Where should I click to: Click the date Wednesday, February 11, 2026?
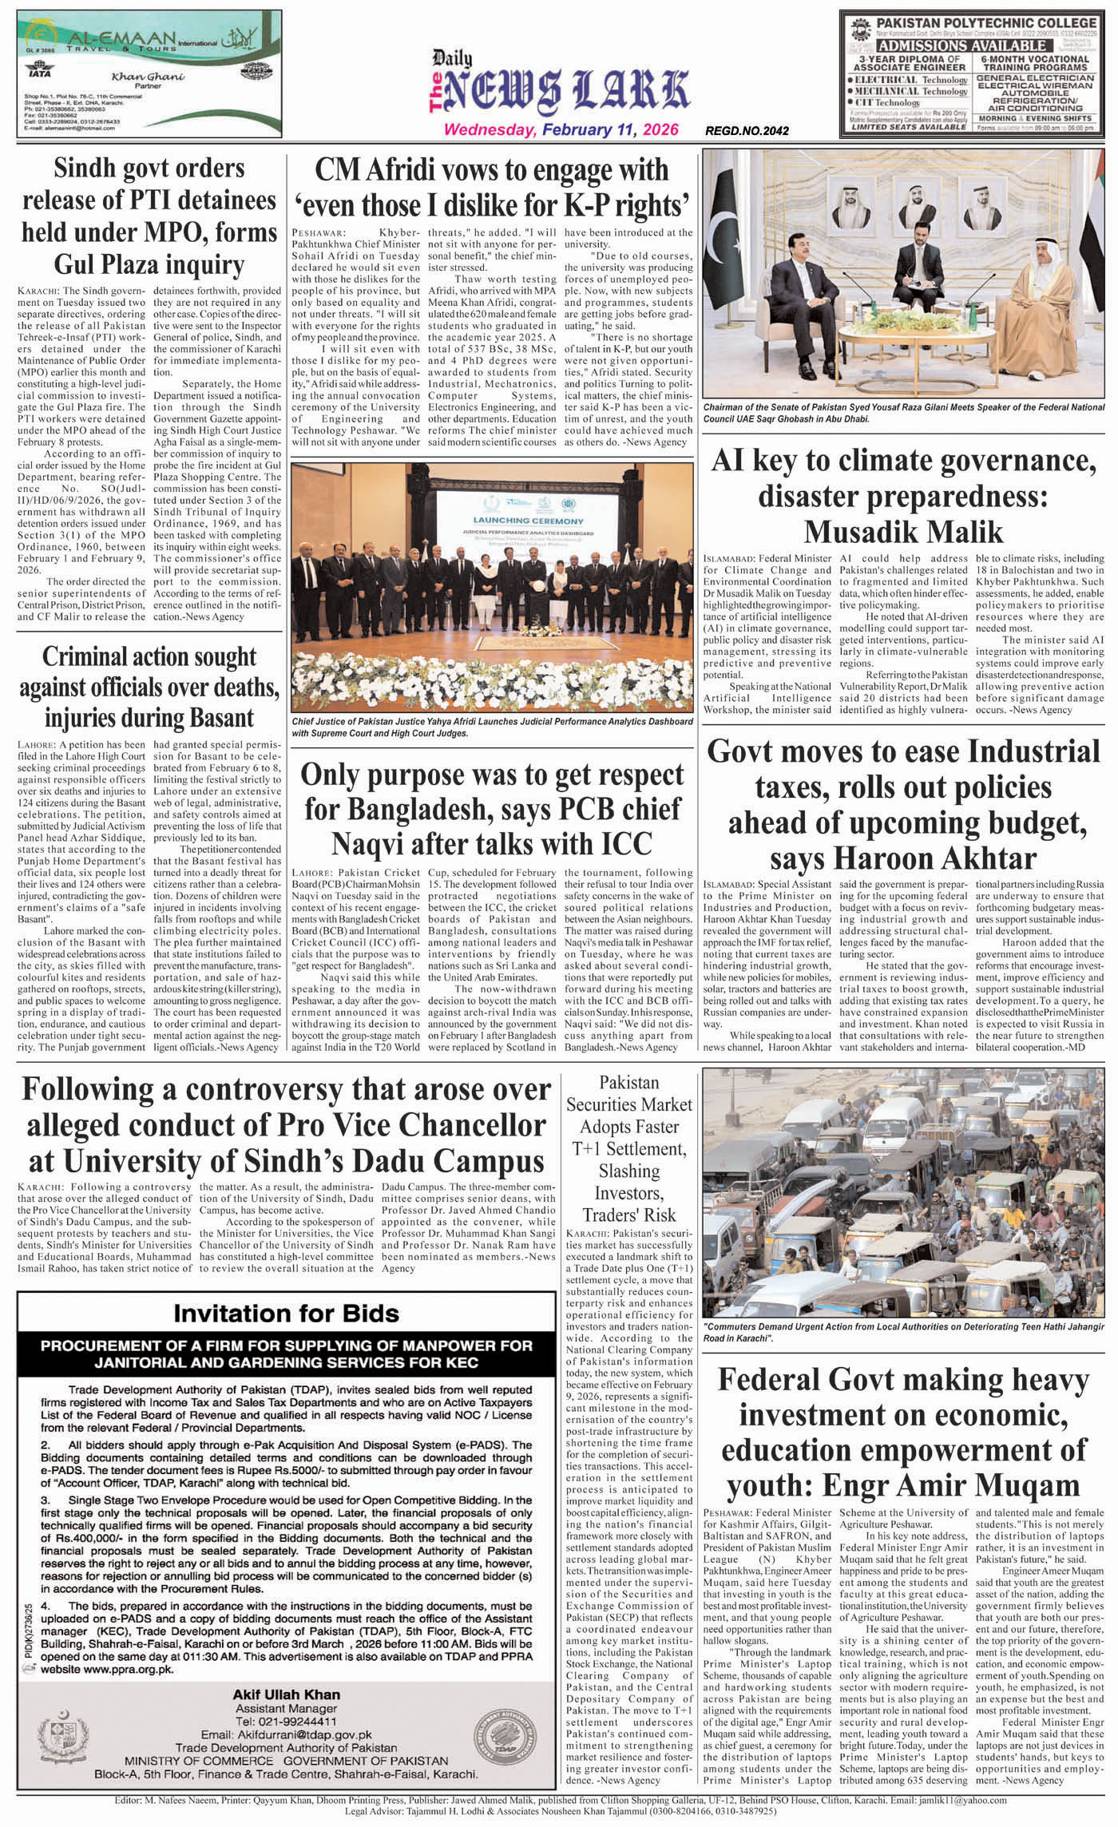pos(561,130)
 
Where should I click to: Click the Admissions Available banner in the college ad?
pos(971,46)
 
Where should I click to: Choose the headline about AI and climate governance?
pos(903,495)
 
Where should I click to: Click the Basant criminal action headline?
pos(149,686)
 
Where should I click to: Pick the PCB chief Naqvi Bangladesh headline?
pos(492,809)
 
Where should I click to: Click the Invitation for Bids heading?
pos(286,1313)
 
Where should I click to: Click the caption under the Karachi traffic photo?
pos(903,1331)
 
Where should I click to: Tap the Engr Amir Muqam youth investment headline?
pos(903,1432)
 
